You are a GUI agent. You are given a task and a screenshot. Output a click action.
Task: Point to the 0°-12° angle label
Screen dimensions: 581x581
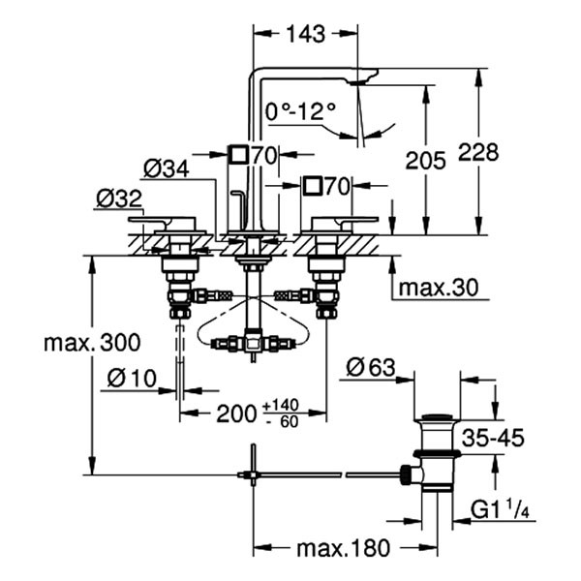[x=302, y=113]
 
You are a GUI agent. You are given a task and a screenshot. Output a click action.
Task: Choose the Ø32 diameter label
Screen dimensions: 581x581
[x=119, y=200]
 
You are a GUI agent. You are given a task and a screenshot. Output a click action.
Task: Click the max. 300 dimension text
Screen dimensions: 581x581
[x=92, y=342]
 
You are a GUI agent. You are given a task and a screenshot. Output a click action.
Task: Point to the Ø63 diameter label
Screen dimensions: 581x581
[x=370, y=367]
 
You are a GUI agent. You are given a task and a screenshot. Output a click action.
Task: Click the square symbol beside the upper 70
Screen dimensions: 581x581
[x=237, y=153]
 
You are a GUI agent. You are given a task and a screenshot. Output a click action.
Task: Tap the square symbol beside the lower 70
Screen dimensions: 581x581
[x=312, y=184]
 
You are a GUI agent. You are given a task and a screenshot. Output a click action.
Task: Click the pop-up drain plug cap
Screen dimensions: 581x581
[x=439, y=418]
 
